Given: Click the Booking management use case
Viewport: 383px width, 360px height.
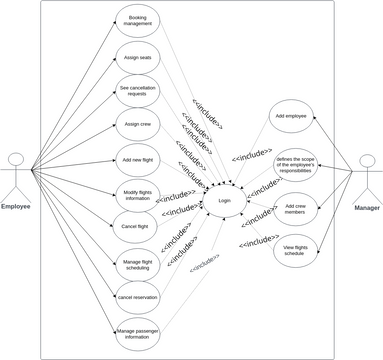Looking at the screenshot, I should click(x=137, y=20).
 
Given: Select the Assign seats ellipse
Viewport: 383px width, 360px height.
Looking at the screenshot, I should click(x=137, y=57).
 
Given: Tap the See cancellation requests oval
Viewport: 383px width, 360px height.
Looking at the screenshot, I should click(x=137, y=92).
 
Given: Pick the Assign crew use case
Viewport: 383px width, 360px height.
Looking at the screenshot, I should click(x=137, y=125).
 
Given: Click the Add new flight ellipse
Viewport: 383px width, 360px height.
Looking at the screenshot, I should click(x=137, y=160).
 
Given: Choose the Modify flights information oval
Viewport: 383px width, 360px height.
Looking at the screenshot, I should click(x=137, y=193).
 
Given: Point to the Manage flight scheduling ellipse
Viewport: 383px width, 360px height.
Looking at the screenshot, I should click(x=137, y=263).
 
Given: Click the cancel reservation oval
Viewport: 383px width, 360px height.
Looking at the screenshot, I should click(x=137, y=297).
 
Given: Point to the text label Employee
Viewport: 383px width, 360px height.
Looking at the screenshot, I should click(x=15, y=207).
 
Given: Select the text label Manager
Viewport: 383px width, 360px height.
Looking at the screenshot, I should click(x=366, y=207).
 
